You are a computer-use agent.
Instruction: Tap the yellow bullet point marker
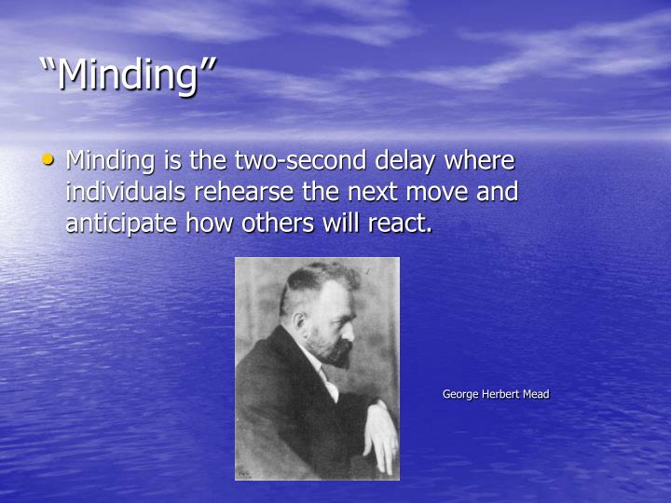48,160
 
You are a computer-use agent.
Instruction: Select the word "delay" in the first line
404,161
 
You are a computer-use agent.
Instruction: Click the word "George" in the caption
459,394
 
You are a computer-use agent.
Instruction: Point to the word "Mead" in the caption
536,394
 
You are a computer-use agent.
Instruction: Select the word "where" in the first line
480,161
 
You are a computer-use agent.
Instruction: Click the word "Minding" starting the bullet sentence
112,161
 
